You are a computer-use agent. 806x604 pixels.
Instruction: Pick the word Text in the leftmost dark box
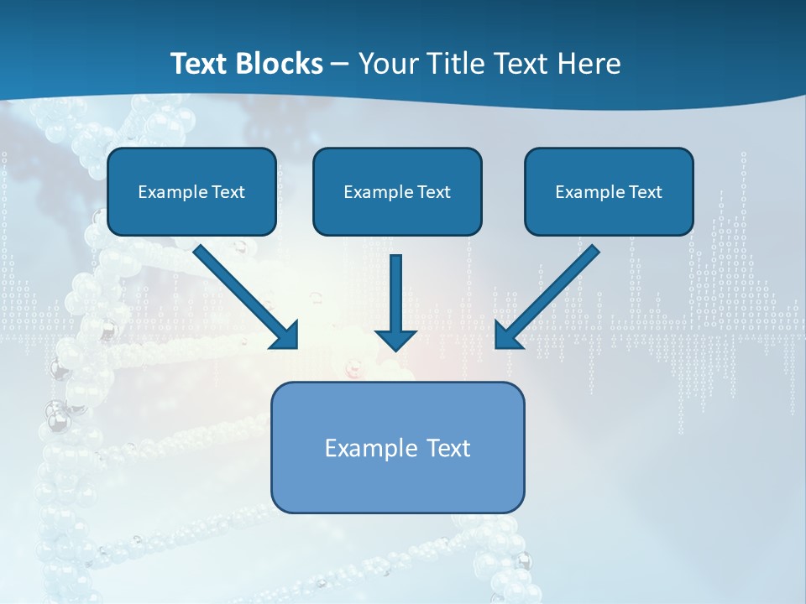click(228, 192)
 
